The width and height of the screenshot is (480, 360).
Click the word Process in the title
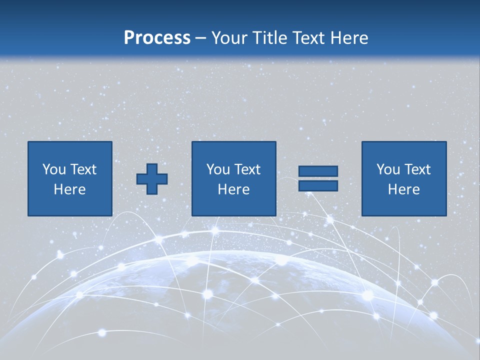(157, 38)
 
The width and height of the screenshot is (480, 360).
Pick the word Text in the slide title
(308, 38)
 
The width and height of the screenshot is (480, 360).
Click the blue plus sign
(152, 178)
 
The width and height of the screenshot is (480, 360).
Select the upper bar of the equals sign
(318, 171)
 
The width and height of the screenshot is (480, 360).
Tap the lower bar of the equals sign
(318, 186)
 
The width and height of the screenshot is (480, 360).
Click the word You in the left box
(53, 169)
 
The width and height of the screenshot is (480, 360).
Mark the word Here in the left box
(69, 189)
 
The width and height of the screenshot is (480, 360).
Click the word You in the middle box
(218, 169)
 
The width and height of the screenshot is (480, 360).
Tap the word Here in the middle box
(233, 189)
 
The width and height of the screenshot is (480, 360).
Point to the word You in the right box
(388, 169)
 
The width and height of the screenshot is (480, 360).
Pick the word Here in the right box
(403, 189)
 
